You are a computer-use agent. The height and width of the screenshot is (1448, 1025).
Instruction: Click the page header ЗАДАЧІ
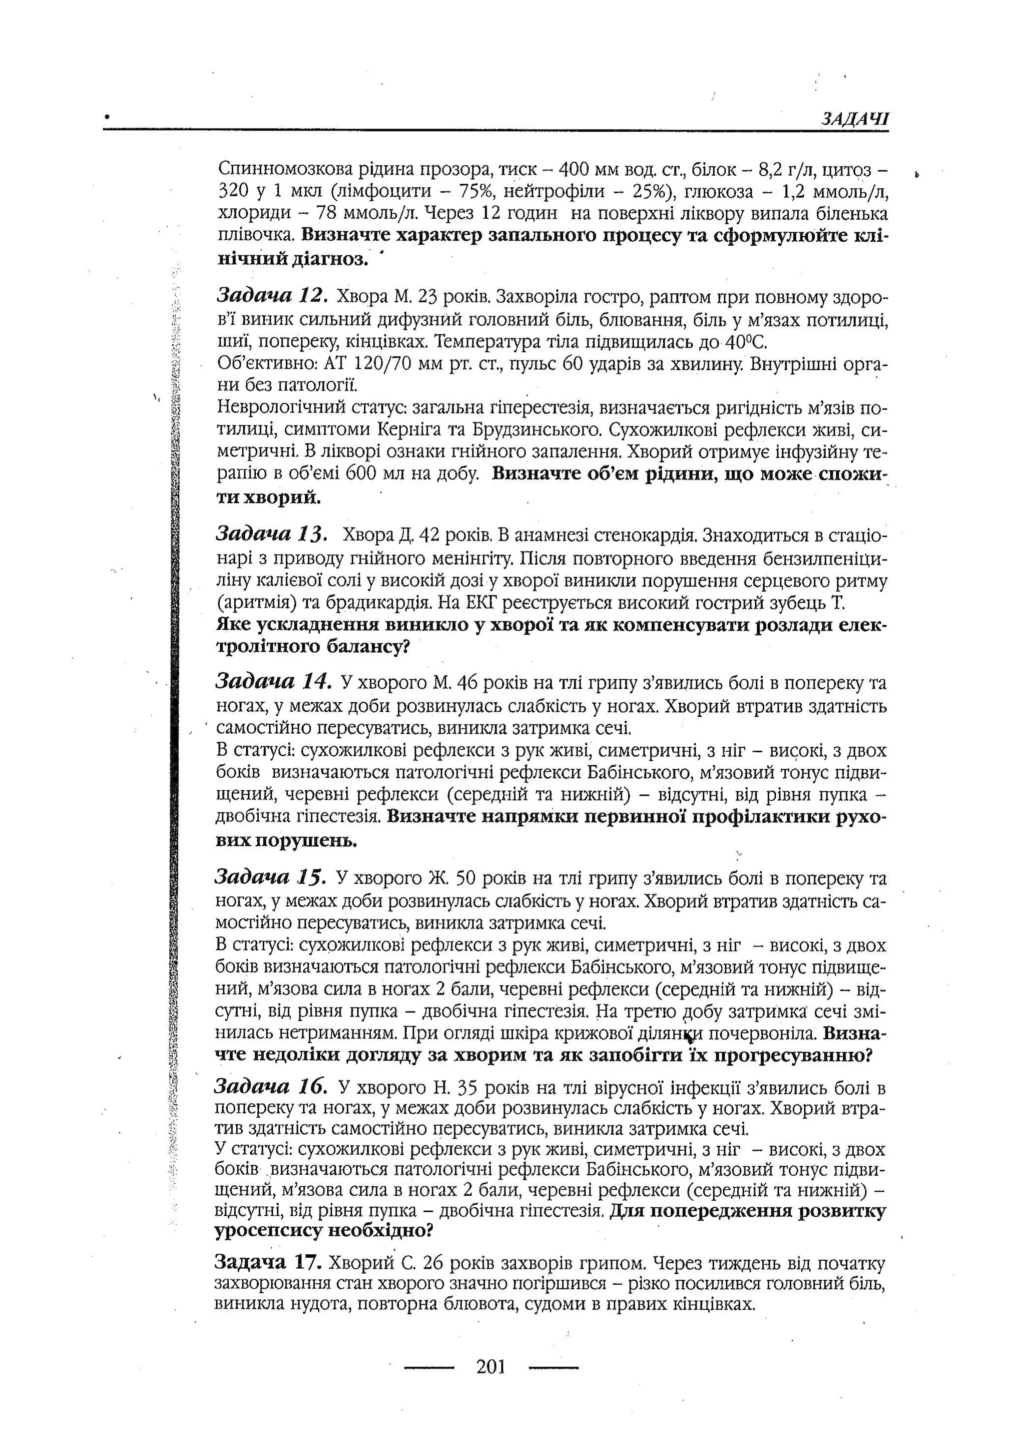pyautogui.click(x=855, y=118)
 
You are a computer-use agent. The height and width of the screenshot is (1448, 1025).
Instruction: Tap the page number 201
pyautogui.click(x=491, y=1366)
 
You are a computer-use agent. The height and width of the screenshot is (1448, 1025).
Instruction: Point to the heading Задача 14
pyautogui.click(x=273, y=681)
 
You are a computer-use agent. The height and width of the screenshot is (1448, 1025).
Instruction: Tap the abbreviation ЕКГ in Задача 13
pyautogui.click(x=484, y=602)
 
